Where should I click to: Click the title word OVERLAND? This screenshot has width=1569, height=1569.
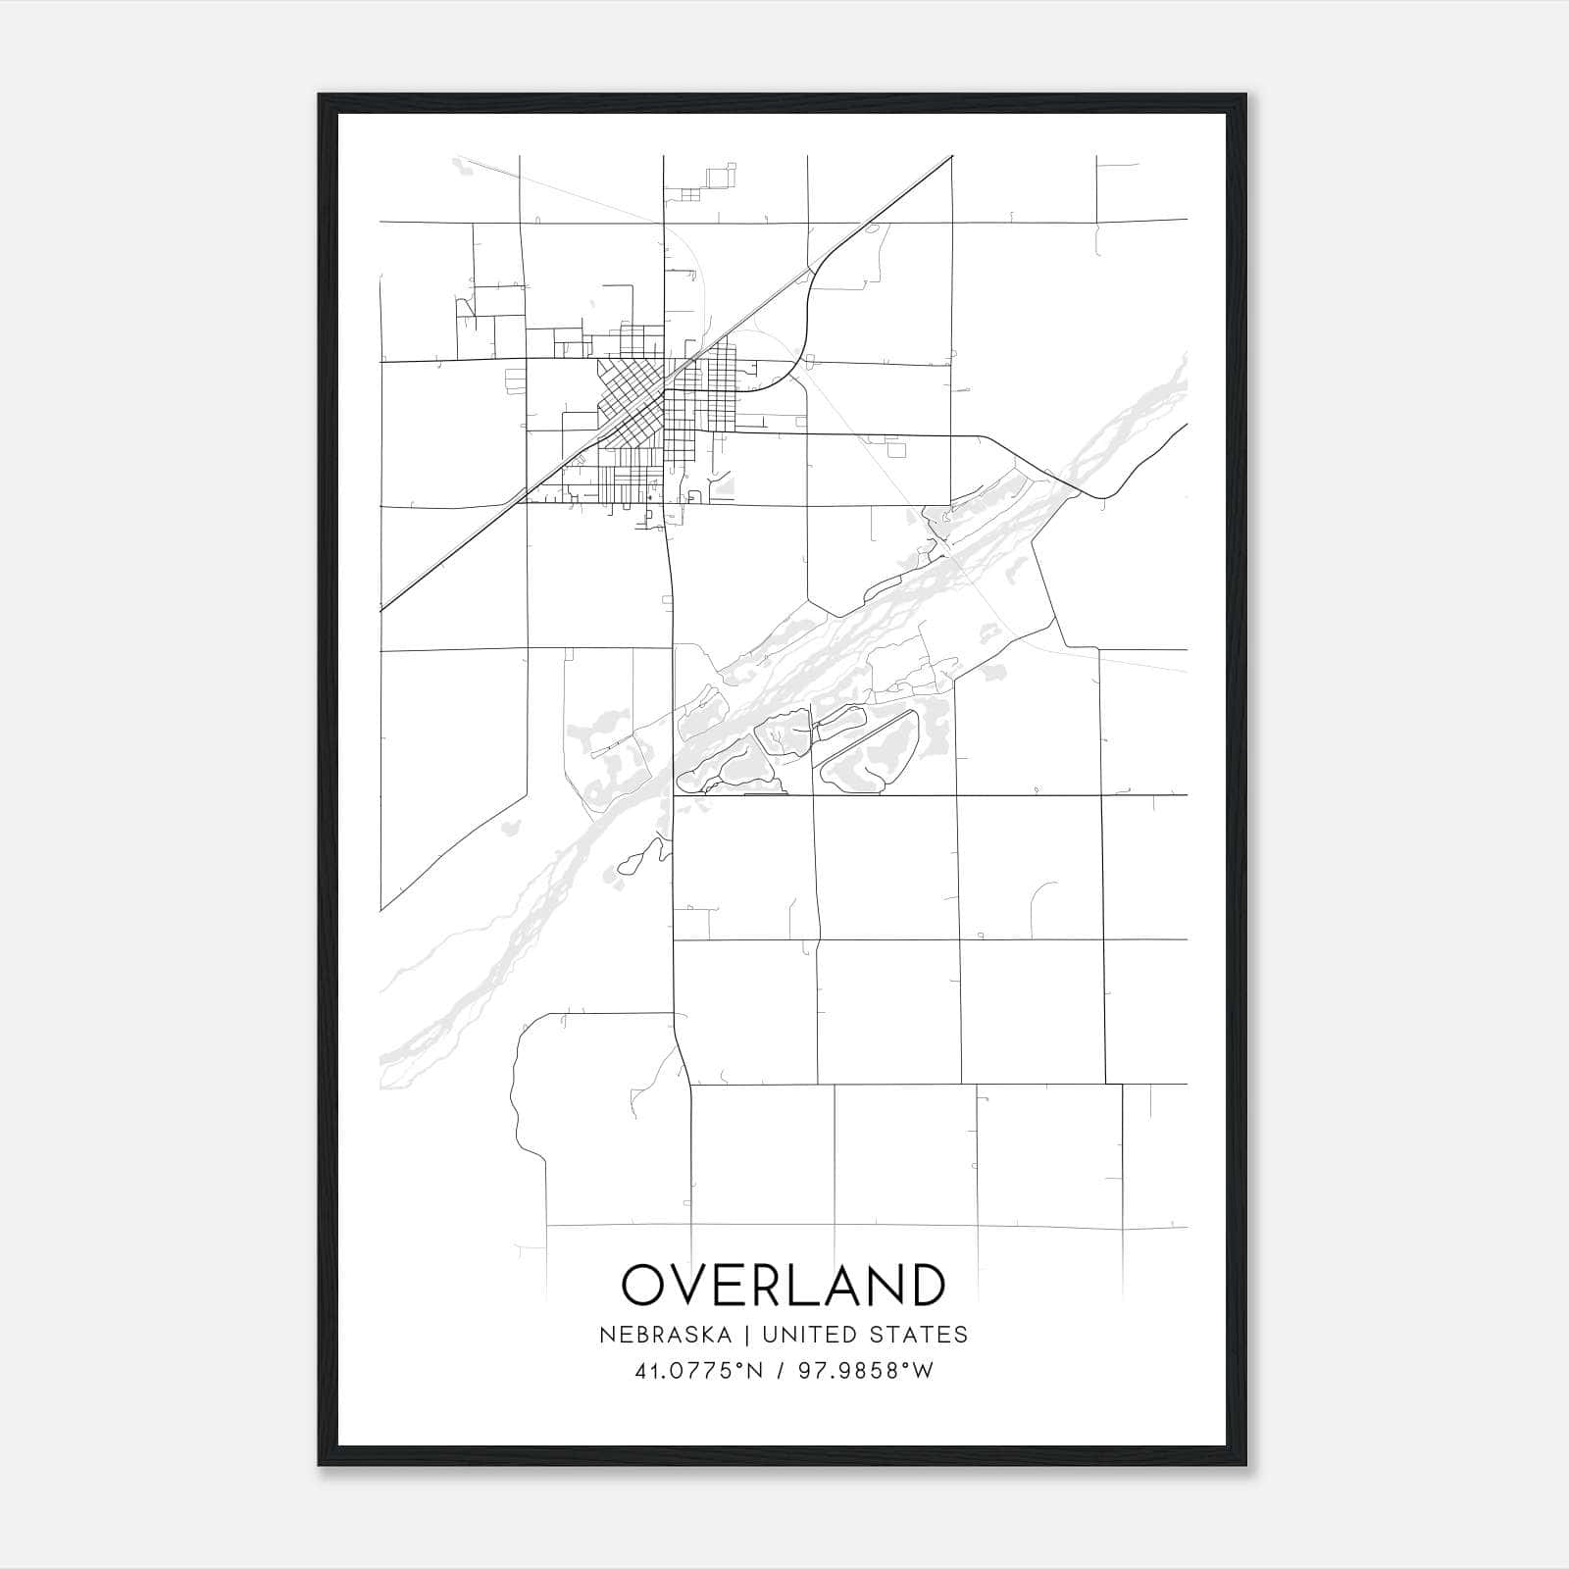tap(784, 1285)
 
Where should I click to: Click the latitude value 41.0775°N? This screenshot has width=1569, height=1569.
tap(698, 1371)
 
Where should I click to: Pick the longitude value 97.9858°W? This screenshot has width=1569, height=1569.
tap(866, 1371)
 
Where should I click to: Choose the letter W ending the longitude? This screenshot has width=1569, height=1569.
tap(923, 1371)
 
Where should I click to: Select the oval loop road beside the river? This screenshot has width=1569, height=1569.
tap(869, 750)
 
